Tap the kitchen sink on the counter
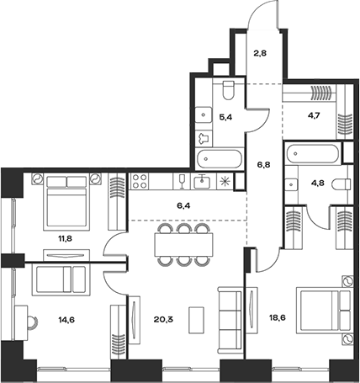click(x=202, y=182)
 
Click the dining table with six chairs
click(x=178, y=244)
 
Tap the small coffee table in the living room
click(x=195, y=321)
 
